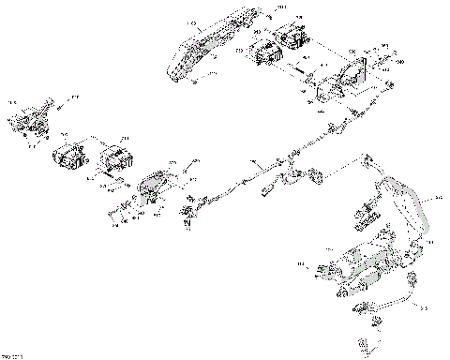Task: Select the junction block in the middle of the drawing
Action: coord(298,172)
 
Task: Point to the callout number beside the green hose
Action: coord(435,199)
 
